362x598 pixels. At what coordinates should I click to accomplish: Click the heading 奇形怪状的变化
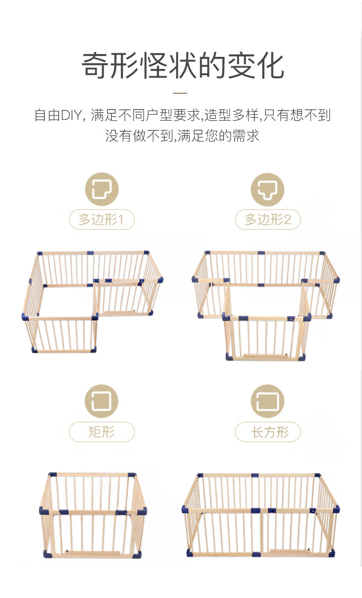[182, 66]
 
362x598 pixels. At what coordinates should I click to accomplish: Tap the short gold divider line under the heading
[180, 93]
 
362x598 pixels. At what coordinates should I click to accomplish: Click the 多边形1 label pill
[102, 220]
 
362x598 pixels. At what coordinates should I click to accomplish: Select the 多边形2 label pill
[268, 220]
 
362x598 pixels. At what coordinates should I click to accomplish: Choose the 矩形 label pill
[102, 432]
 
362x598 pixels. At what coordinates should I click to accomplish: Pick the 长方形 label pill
[268, 432]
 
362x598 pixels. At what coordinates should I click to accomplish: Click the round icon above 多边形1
[102, 189]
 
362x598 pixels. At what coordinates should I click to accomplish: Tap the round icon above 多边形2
[268, 189]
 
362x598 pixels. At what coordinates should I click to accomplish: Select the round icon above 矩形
[101, 401]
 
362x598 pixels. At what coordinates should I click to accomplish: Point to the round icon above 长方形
[268, 401]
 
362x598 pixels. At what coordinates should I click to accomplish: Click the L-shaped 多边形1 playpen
[92, 302]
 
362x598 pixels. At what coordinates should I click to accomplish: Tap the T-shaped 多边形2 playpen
[266, 306]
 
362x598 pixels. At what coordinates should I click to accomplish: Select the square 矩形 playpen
[93, 515]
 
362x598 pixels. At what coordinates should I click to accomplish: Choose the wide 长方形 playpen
[261, 515]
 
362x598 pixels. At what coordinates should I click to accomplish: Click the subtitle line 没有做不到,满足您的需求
[182, 136]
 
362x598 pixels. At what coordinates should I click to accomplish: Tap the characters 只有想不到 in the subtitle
[297, 115]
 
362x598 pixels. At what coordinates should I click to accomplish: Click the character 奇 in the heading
[95, 66]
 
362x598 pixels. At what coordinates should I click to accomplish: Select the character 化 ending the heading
[270, 66]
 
